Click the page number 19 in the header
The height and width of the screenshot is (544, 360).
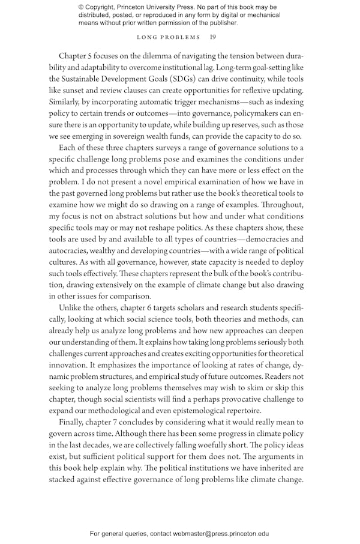[213, 37]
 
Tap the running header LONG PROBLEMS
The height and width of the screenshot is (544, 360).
[168, 37]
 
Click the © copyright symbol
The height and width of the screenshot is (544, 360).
[81, 7]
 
